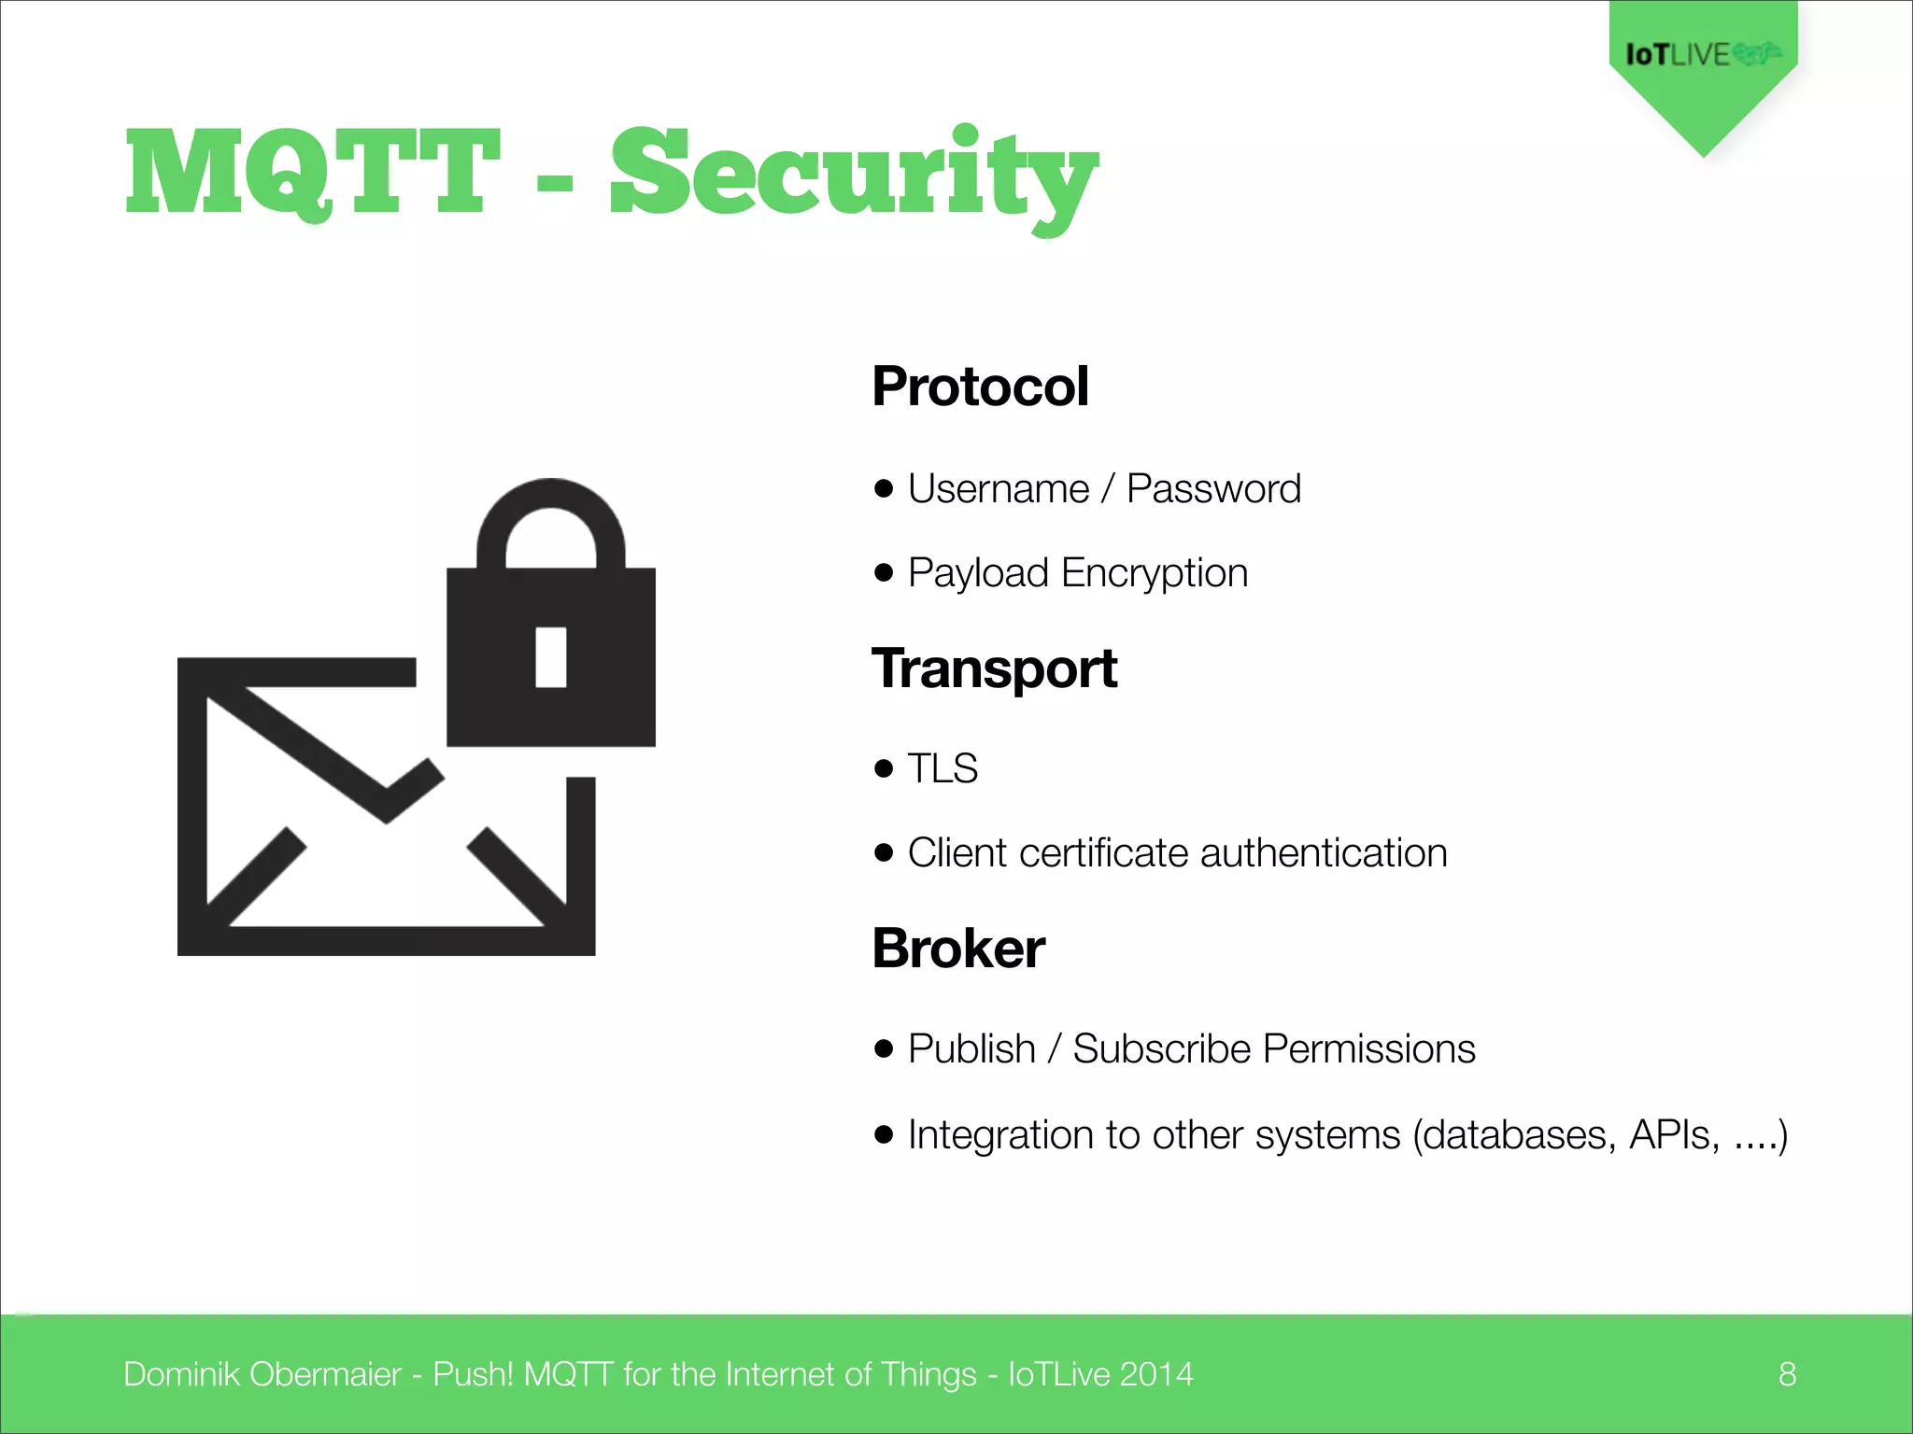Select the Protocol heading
pyautogui.click(x=980, y=387)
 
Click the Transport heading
pyautogui.click(x=994, y=668)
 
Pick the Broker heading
pyautogui.click(x=958, y=949)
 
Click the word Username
pyautogui.click(x=998, y=489)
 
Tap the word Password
pyautogui.click(x=1213, y=489)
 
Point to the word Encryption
pyautogui.click(x=1155, y=573)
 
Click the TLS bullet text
pyautogui.click(x=942, y=769)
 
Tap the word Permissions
pyautogui.click(x=1368, y=1049)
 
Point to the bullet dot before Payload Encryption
pyautogui.click(x=884, y=572)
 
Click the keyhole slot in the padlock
pyautogui.click(x=551, y=657)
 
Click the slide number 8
pyautogui.click(x=1787, y=1374)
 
